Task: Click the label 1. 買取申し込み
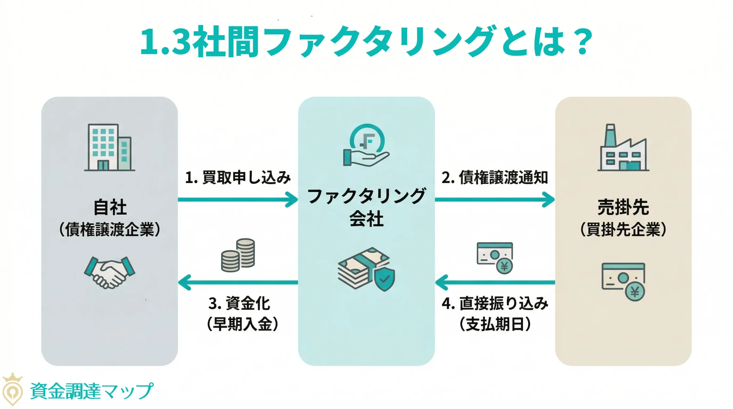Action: (238, 177)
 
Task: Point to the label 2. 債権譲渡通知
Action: (494, 177)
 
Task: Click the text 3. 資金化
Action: (239, 304)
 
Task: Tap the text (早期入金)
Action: (243, 325)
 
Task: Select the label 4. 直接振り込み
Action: (495, 304)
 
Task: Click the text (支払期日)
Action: (495, 325)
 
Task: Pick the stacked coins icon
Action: (238, 255)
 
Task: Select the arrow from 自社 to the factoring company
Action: (238, 199)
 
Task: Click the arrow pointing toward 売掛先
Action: (494, 199)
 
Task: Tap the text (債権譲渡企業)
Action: (109, 230)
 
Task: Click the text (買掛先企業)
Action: (623, 230)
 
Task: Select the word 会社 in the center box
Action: (366, 219)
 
